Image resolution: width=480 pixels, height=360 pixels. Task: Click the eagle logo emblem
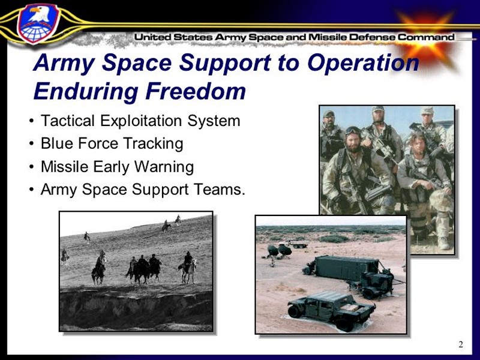[38, 23]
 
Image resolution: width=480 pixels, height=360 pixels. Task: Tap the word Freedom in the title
[196, 91]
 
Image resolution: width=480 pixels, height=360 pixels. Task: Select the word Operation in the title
[363, 63]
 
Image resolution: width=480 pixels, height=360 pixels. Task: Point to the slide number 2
[461, 344]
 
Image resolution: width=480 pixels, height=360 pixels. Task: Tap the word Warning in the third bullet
[164, 167]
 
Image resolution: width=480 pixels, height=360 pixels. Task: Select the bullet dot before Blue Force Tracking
[32, 144]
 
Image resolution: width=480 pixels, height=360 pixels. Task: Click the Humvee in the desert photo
[331, 310]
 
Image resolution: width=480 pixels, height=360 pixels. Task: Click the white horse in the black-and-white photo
[188, 271]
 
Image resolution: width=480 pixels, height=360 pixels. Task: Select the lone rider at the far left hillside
[87, 236]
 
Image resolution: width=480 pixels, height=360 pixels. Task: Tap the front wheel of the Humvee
[295, 311]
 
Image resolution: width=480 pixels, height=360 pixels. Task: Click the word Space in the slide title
[136, 63]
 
